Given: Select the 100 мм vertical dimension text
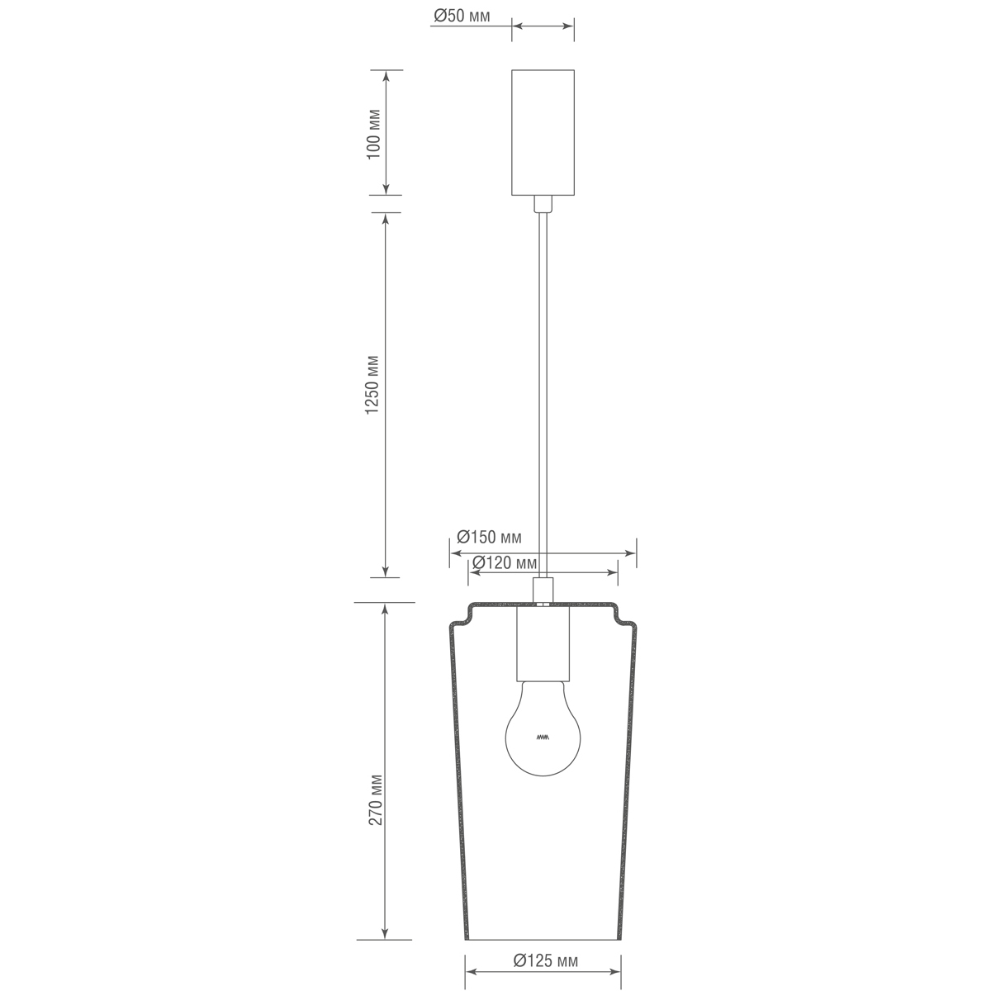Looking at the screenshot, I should pyautogui.click(x=373, y=133).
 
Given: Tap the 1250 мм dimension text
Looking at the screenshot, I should pyautogui.click(x=373, y=386).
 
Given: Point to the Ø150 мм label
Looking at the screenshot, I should pyautogui.click(x=490, y=538).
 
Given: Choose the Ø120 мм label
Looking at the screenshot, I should pyautogui.click(x=504, y=564).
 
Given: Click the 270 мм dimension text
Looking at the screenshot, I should pyautogui.click(x=375, y=800).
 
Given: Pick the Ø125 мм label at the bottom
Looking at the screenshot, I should pyautogui.click(x=545, y=960).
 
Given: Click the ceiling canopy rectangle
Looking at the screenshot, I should pyautogui.click(x=543, y=132).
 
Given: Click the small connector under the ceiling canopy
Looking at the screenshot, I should pyautogui.click(x=543, y=204).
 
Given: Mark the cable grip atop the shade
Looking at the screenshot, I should pyautogui.click(x=543, y=590).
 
